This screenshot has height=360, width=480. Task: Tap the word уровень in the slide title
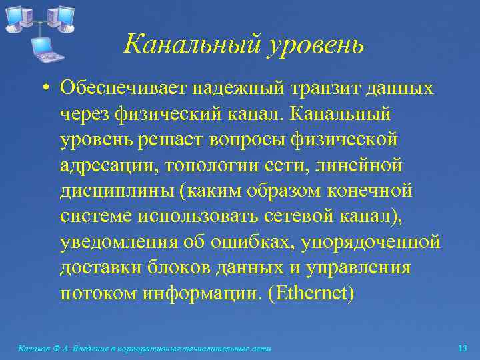(x=315, y=45)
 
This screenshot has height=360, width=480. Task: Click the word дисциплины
(x=116, y=191)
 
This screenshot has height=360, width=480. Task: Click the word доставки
(x=97, y=267)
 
